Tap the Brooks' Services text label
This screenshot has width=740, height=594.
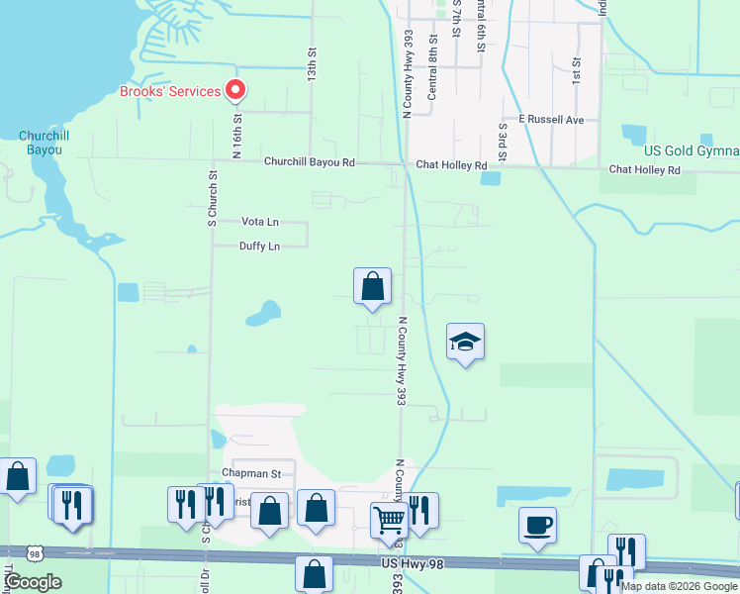coord(169,91)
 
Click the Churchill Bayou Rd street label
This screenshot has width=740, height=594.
coord(309,162)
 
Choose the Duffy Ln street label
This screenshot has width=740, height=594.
coord(259,247)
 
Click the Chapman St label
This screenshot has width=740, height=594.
coord(251,474)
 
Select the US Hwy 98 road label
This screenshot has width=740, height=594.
coord(410,563)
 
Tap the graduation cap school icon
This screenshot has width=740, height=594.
coord(465,343)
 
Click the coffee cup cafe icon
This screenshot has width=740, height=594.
coord(537,525)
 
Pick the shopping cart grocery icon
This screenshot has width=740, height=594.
coord(389,519)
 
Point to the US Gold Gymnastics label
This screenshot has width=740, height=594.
coord(691,150)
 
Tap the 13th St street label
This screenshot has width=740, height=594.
coord(311,66)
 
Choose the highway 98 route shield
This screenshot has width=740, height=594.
coord(35,553)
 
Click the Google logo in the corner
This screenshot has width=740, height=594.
coord(34,582)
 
